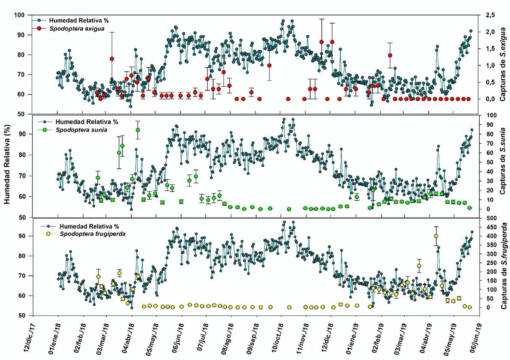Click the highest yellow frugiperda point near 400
[x=436, y=236]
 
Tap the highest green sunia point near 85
[x=138, y=130]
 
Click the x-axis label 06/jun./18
[x=180, y=338]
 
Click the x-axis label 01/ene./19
[x=355, y=338]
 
